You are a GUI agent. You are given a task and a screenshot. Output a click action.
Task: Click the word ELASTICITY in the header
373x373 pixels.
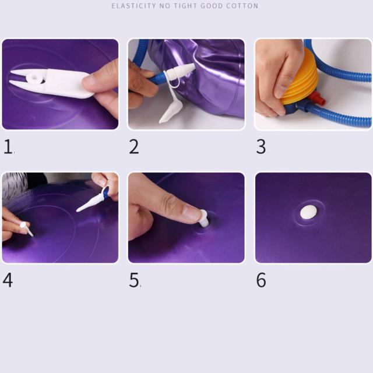click(133, 6)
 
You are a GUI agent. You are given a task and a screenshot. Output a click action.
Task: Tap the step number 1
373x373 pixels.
click(8, 146)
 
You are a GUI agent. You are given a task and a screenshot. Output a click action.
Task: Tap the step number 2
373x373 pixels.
click(134, 146)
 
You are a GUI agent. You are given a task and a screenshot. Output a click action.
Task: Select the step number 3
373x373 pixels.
click(261, 146)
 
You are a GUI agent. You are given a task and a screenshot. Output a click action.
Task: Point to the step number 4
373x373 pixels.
click(8, 280)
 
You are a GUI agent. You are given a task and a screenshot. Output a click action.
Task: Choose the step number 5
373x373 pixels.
click(134, 280)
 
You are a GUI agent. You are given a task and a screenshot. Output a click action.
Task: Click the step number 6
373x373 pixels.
click(261, 280)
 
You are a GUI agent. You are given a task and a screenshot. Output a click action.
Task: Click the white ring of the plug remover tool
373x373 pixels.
click(35, 78)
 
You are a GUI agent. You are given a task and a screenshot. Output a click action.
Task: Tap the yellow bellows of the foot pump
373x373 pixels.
click(300, 76)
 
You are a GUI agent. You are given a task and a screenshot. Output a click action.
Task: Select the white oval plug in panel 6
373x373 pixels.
click(308, 212)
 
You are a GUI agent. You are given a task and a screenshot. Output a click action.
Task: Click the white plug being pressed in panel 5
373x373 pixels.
click(204, 219)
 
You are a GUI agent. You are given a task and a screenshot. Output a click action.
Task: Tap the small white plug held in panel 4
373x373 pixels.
click(26, 228)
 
